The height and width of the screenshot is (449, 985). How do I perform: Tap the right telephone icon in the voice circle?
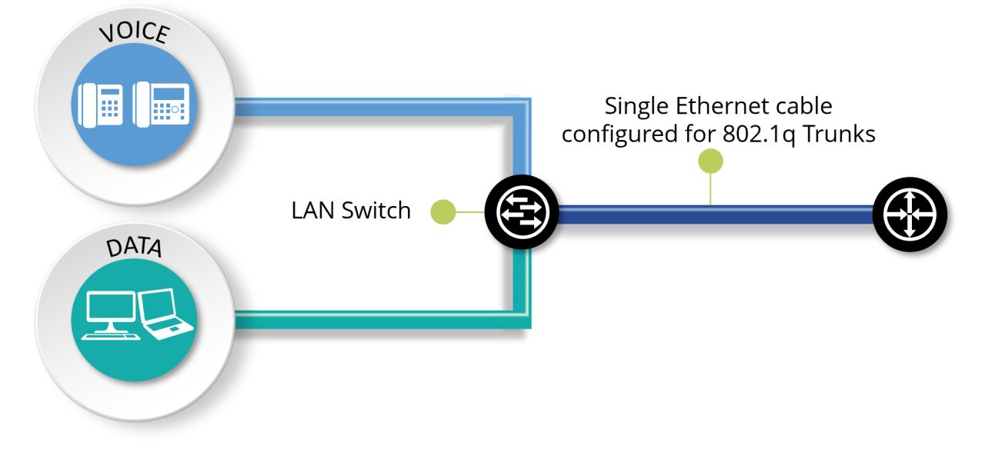(x=161, y=104)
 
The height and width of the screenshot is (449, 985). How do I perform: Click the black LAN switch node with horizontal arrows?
(x=521, y=211)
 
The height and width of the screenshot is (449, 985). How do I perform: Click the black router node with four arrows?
(x=910, y=212)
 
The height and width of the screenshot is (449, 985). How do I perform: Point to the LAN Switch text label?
(x=351, y=211)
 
